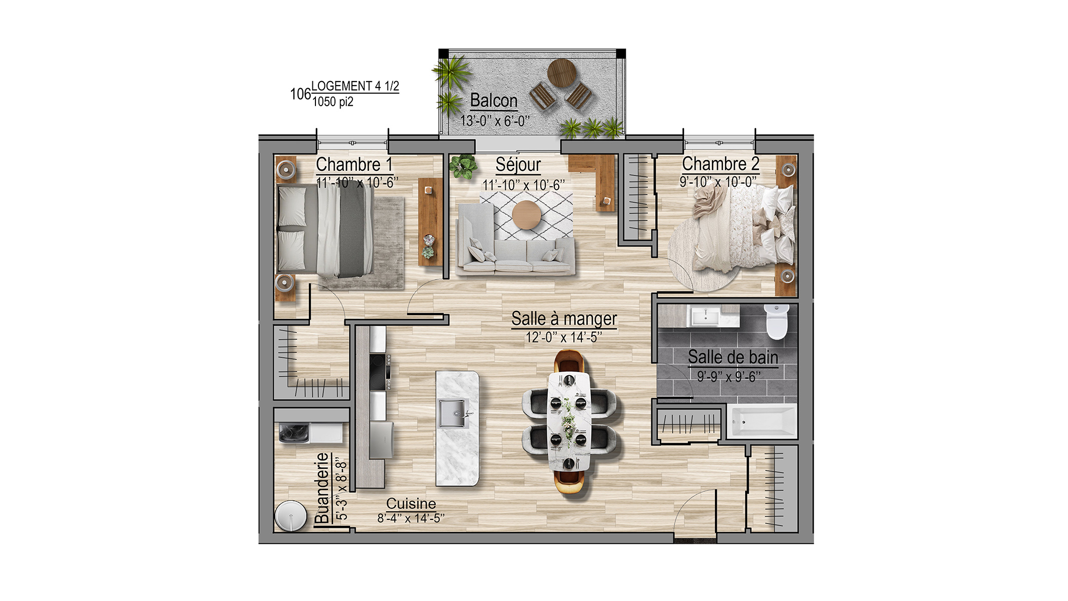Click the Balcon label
point(494,101)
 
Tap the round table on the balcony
point(561,73)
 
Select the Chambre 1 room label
point(354,164)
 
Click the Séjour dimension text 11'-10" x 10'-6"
point(523,185)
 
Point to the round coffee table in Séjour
point(526,215)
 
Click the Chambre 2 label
point(721,164)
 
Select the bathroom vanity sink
point(705,317)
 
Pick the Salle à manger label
point(564,319)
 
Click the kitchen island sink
point(453,414)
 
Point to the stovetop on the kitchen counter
point(380,371)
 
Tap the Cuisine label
point(411,503)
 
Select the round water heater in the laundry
point(290,516)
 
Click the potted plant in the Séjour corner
point(463,166)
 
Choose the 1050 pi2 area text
point(333,102)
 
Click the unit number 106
point(300,94)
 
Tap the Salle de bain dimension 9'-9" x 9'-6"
point(729,376)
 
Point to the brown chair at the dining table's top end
point(570,361)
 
